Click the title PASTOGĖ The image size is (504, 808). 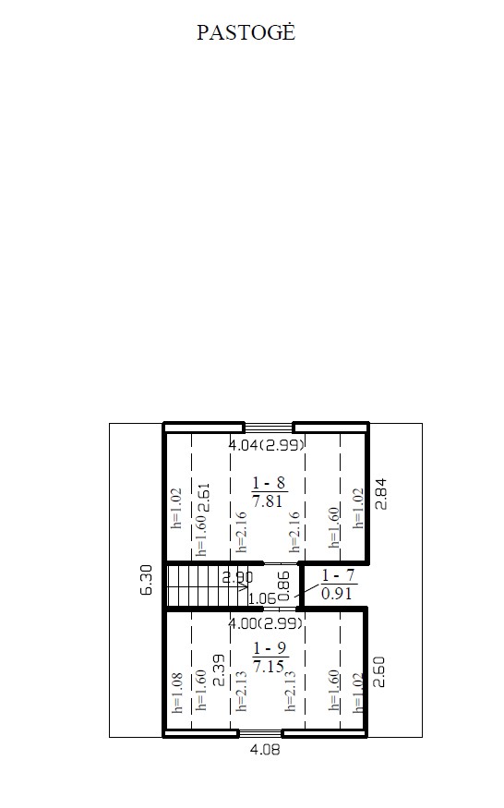246,32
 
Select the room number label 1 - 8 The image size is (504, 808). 269,483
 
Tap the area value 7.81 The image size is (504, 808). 268,500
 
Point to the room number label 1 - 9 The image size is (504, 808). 270,648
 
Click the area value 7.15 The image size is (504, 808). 269,667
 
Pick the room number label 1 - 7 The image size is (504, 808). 338,575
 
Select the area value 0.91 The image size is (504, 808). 337,594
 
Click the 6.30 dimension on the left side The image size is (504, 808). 147,580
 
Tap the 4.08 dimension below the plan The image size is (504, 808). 265,749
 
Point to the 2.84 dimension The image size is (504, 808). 381,494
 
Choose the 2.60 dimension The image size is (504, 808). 378,671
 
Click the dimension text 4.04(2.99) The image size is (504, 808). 267,444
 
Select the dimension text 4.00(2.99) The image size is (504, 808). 266,623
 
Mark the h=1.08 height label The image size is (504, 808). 177,693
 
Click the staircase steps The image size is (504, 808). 206,586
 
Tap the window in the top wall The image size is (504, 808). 269,427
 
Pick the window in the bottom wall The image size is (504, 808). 260,733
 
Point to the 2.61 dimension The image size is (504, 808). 204,498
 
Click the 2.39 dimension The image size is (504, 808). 219,670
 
